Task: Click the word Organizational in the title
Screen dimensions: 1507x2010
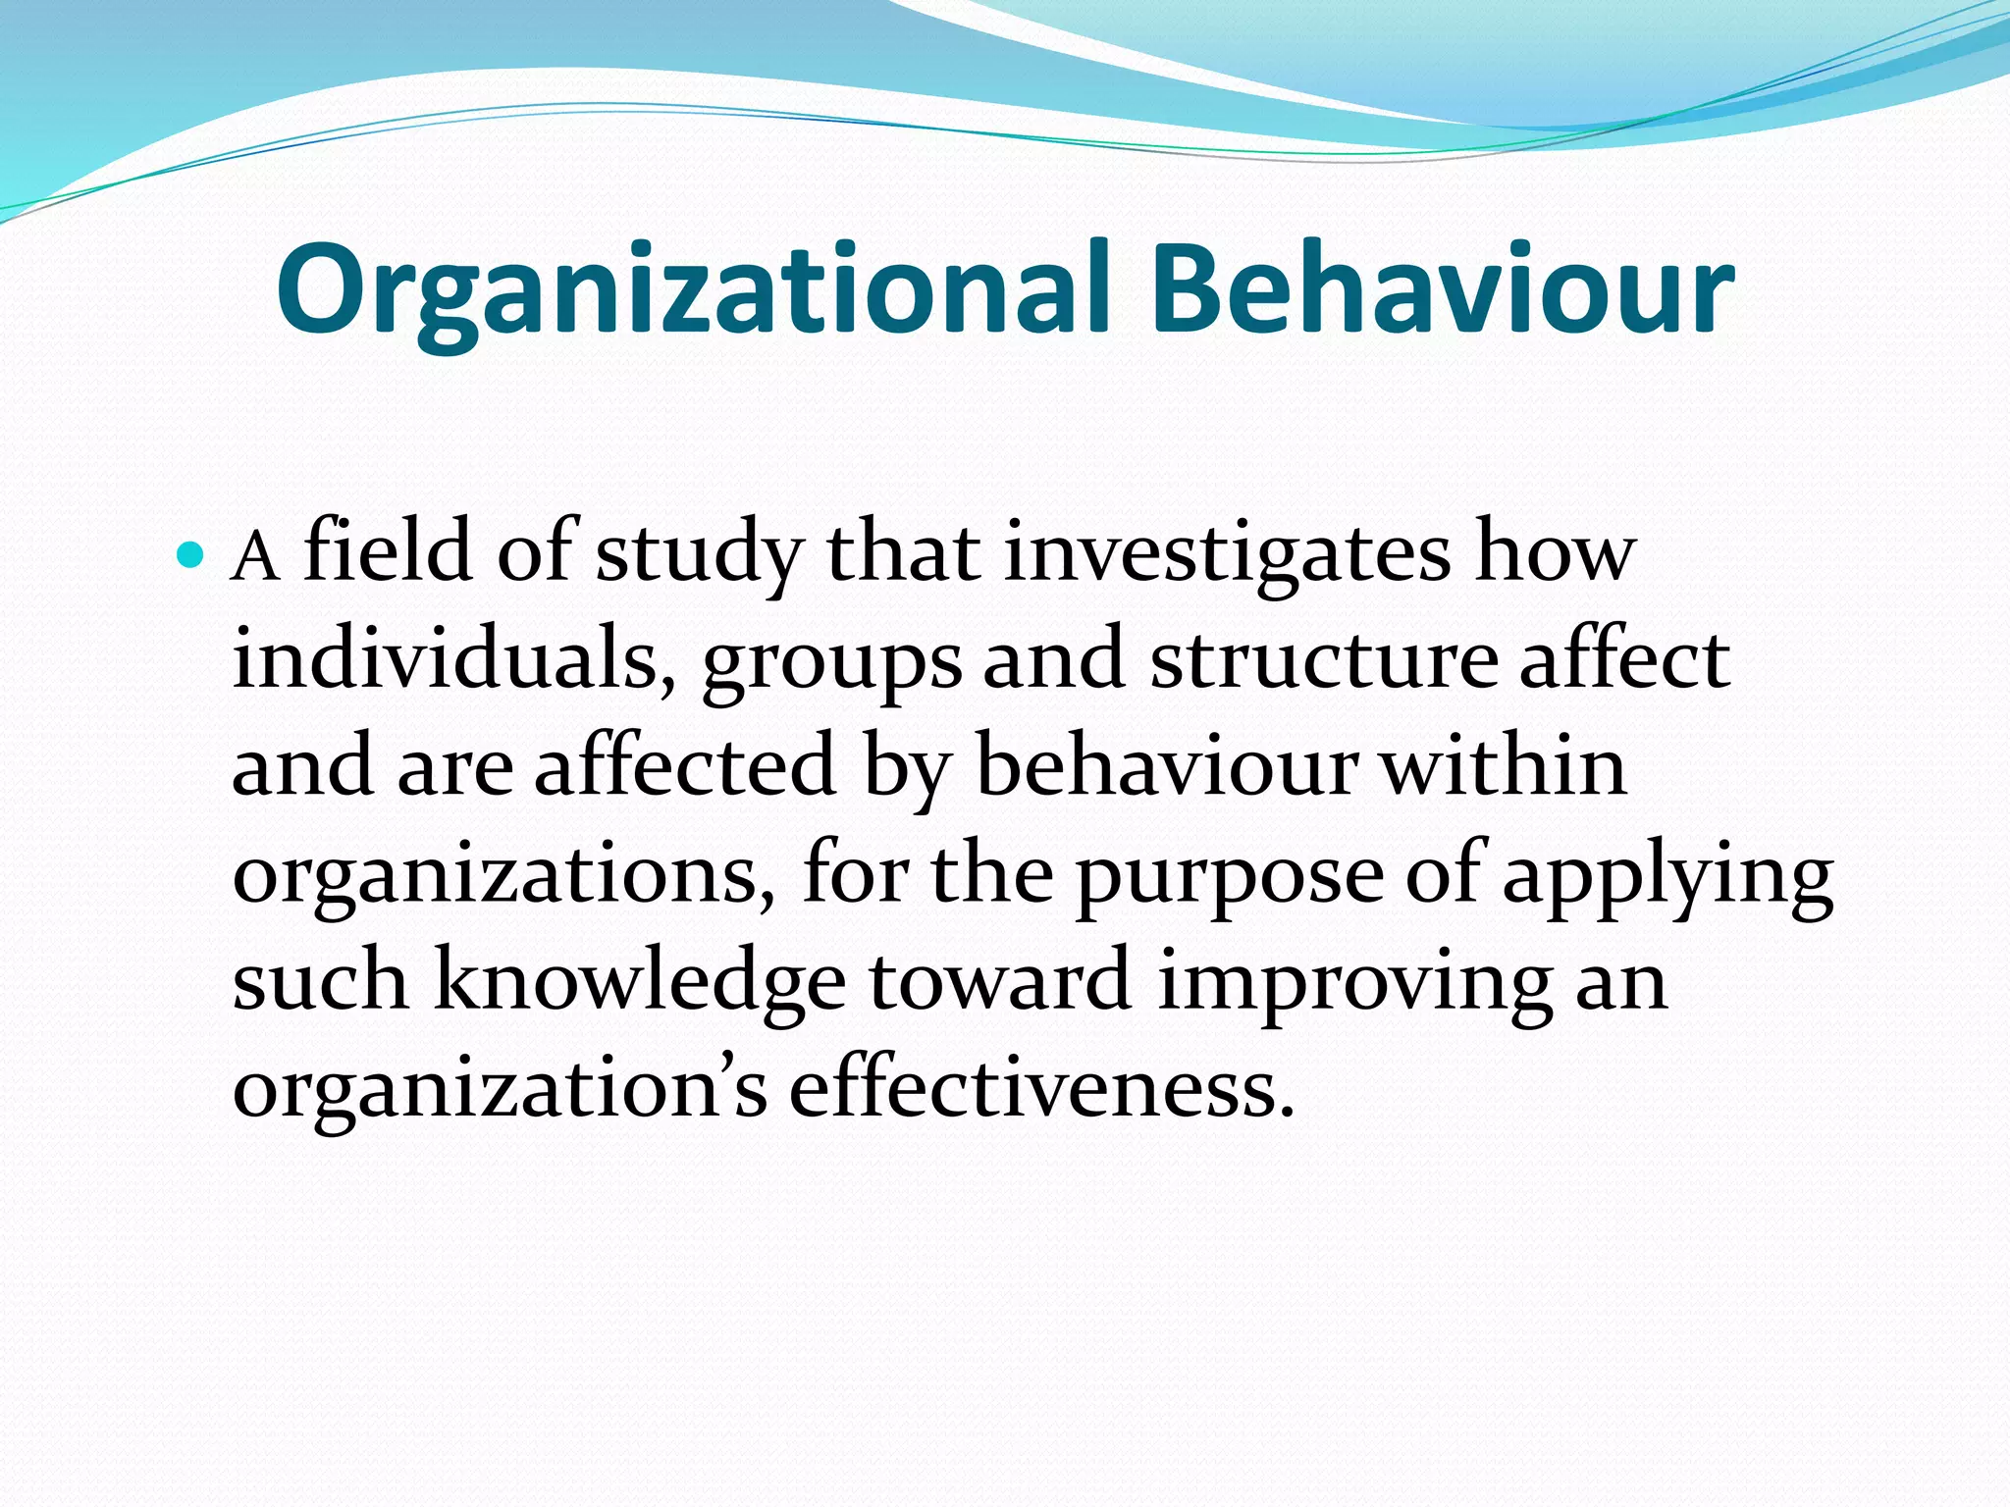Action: (x=693, y=290)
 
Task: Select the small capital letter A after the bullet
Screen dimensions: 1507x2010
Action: (x=255, y=559)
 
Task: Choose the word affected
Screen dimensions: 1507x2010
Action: (x=685, y=766)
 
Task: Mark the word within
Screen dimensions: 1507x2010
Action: (x=1504, y=766)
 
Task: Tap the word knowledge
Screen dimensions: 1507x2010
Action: (x=639, y=984)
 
